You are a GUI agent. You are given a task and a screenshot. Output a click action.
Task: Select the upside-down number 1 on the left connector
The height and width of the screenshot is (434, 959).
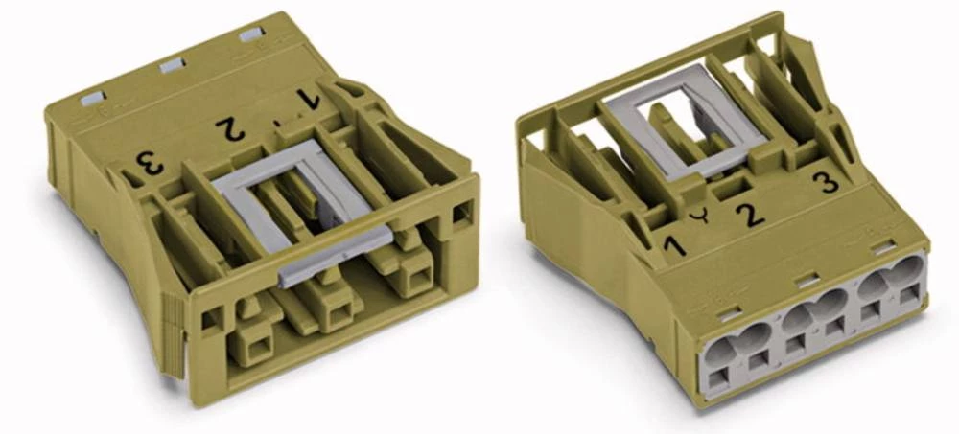pyautogui.click(x=308, y=99)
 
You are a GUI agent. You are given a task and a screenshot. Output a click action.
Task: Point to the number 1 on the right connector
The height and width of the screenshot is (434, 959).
pyautogui.click(x=675, y=244)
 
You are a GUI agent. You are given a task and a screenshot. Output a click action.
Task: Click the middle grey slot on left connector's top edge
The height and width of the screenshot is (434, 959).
pyautogui.click(x=173, y=65)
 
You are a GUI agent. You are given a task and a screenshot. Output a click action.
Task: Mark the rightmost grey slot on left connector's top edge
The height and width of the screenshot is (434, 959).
pyautogui.click(x=250, y=35)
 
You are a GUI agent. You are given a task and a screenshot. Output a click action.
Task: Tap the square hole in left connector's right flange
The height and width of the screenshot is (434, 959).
pyautogui.click(x=461, y=212)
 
